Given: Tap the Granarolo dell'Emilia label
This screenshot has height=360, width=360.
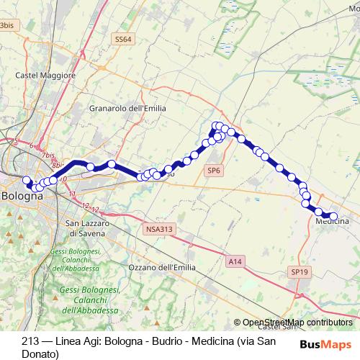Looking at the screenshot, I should click(x=127, y=108).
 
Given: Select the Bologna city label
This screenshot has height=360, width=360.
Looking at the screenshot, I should click(x=22, y=195).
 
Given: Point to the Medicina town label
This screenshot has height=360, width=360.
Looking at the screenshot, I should click(x=332, y=222).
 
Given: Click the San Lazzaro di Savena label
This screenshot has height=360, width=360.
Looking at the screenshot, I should click(x=96, y=228).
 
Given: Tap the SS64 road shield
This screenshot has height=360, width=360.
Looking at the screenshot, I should click(x=123, y=40).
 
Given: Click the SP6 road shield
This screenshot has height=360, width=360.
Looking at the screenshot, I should click(x=213, y=171).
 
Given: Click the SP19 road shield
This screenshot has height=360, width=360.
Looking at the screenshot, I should click(x=300, y=271).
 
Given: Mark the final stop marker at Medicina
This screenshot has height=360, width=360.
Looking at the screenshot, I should click(x=333, y=216).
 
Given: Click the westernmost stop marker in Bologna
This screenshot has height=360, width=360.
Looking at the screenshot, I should click(x=27, y=180).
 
